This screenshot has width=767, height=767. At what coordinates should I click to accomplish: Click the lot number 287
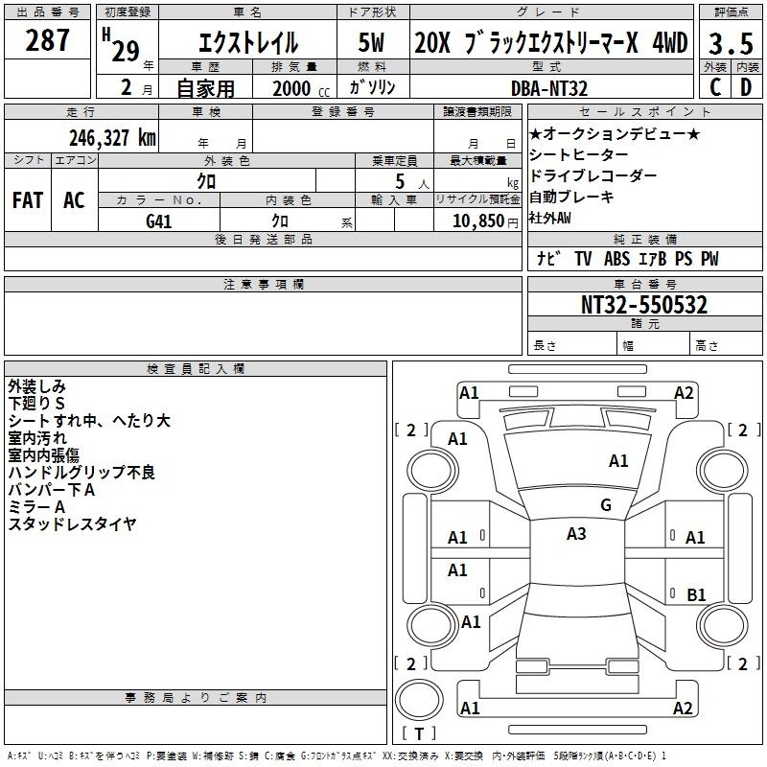tap(47, 40)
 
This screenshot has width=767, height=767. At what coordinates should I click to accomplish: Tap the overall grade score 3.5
tap(731, 43)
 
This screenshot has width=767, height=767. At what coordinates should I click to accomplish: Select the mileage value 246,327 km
tap(112, 138)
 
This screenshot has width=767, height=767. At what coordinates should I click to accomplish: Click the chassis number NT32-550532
tap(644, 305)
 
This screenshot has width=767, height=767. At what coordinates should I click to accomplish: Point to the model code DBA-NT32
tap(549, 88)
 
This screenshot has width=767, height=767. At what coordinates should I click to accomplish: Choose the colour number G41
tap(159, 221)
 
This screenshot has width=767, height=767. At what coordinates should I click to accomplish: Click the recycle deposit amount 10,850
tap(477, 221)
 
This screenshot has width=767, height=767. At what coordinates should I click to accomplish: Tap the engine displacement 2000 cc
tap(301, 89)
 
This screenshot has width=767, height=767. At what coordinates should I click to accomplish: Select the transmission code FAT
tap(28, 200)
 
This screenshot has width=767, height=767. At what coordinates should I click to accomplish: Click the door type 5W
tap(371, 42)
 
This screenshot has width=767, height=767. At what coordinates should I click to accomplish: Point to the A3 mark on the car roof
tap(576, 534)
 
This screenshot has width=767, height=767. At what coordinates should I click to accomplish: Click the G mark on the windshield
tap(606, 505)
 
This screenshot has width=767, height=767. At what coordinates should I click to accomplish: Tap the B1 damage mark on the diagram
tap(696, 594)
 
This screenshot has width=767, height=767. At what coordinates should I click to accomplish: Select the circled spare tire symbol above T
tap(419, 700)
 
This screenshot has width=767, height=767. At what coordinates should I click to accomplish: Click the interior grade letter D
tap(746, 88)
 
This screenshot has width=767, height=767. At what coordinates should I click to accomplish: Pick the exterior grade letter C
tap(715, 88)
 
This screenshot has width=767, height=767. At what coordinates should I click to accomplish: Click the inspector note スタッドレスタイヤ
tap(73, 523)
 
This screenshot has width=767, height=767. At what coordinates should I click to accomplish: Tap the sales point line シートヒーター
tap(579, 154)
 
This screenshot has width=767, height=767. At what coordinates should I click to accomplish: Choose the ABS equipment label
tap(616, 259)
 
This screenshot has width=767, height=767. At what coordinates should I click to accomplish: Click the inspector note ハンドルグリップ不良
tap(81, 472)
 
